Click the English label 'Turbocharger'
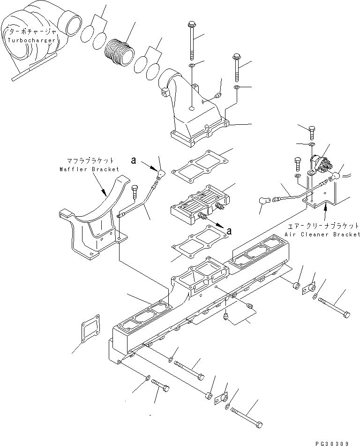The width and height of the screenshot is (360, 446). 31,40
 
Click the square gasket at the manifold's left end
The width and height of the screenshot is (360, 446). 89,329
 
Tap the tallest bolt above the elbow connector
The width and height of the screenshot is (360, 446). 192,38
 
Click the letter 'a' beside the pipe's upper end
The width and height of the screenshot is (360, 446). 134,161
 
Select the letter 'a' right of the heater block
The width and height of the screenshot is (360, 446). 229,230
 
